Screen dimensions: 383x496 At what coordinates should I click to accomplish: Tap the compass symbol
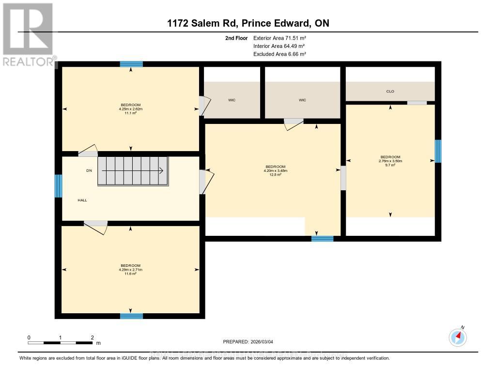458,337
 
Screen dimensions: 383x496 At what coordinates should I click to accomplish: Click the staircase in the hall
133,171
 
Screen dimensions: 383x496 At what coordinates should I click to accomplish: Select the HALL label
82,200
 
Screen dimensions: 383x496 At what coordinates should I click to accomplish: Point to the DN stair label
89,170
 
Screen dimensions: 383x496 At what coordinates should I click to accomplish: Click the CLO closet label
390,91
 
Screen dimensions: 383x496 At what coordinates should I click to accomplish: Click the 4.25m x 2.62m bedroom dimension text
130,109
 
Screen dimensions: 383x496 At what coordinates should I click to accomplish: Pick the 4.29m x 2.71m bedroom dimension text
130,270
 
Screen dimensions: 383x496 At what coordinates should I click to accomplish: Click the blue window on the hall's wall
58,186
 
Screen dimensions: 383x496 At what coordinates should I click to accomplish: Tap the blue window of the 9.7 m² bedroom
438,151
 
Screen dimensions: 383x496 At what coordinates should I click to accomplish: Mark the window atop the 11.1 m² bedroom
131,64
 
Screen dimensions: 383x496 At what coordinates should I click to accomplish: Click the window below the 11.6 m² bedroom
131,316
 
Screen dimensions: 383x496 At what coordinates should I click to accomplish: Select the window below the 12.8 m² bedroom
322,238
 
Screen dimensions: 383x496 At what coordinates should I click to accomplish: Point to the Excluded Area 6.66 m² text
279,54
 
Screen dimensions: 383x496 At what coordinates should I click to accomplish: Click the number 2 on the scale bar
92,337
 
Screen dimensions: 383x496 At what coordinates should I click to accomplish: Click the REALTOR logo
28,34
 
